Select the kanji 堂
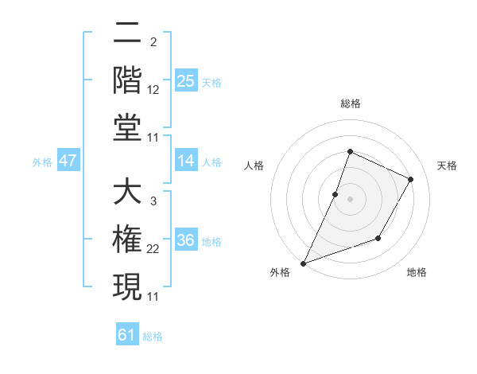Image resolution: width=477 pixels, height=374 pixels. point(127,127)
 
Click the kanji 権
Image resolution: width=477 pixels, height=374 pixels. point(127,240)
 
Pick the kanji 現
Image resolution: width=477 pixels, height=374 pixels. point(127,286)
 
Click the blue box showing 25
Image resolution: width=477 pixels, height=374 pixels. point(186,81)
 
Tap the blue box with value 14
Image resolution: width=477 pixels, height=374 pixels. point(186,162)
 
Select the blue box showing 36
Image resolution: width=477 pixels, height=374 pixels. point(186,241)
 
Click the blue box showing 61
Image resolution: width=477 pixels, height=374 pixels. point(127,335)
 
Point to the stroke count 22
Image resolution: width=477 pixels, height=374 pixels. point(154,250)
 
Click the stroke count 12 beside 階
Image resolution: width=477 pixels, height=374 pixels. point(154,90)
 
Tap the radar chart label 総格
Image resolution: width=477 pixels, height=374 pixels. point(350,103)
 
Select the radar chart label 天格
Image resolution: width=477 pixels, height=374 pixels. point(447,166)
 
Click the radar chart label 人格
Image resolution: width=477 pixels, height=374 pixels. point(254,166)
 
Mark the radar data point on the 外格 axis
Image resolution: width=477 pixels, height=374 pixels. point(303,263)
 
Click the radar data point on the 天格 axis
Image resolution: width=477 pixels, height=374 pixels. point(411,179)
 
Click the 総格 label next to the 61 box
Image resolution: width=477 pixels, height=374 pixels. point(153,337)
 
